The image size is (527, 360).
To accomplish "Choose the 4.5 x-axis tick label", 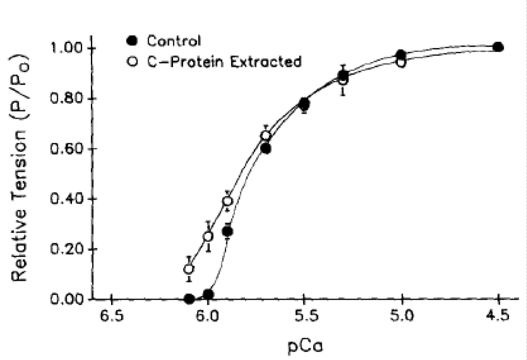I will point(498,317).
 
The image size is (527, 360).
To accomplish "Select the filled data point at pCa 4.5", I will point(498,47).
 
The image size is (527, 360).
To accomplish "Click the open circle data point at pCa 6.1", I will point(189,269).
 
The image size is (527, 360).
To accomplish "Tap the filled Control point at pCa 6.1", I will point(189,299).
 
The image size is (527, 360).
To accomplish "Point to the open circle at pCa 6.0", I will point(208,236).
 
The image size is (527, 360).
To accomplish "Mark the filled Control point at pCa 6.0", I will point(208,294).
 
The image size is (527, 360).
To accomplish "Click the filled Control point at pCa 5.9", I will point(227,231).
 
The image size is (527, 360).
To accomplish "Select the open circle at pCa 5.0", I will point(401,62).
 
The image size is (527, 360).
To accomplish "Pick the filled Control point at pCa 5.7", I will point(266,149).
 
